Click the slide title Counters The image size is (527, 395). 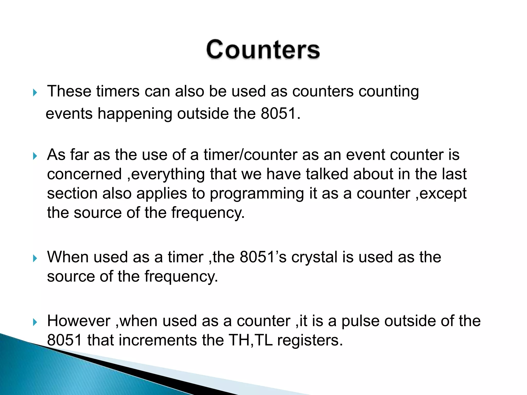pyautogui.click(x=263, y=50)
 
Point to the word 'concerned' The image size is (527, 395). pyautogui.click(x=84, y=174)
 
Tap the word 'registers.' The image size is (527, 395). pyautogui.click(x=310, y=340)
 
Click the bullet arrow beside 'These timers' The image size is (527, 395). pyautogui.click(x=35, y=93)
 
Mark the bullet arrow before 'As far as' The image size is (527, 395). pyautogui.click(x=35, y=156)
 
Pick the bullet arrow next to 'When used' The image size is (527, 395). pyautogui.click(x=35, y=258)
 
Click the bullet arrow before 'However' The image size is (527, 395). pyautogui.click(x=35, y=322)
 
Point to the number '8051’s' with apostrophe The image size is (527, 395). pyautogui.click(x=263, y=257)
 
